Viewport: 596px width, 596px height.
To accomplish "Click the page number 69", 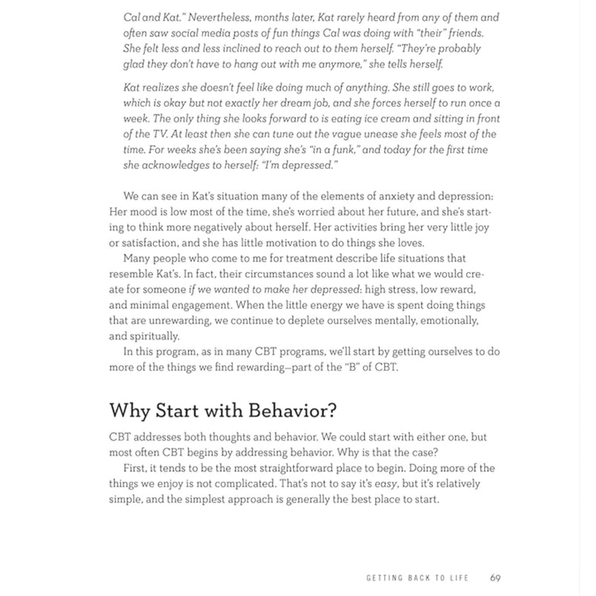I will click(494, 579).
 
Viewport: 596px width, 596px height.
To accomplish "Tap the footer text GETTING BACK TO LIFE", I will click(421, 579).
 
